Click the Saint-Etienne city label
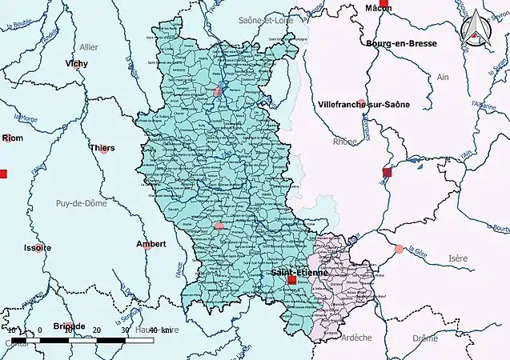point(298,273)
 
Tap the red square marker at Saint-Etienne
point(291,281)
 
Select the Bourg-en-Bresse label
point(403,43)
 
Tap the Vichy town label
point(78,62)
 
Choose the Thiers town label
point(102,147)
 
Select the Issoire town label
point(37,247)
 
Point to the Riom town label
point(13,138)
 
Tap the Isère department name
point(458,258)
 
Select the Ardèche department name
point(356,338)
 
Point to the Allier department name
point(90,46)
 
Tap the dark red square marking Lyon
point(388,172)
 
